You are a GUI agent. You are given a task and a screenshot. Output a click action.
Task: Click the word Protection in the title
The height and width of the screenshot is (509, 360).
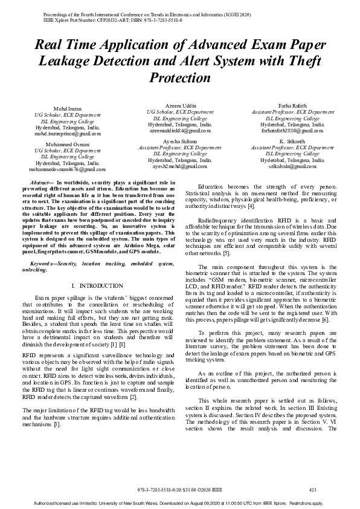tap(179, 78)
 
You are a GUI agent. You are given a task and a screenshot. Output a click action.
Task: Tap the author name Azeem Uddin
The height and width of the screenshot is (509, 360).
tap(179, 105)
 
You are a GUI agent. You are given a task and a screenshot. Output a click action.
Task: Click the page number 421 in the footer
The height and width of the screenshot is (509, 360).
tap(312, 490)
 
